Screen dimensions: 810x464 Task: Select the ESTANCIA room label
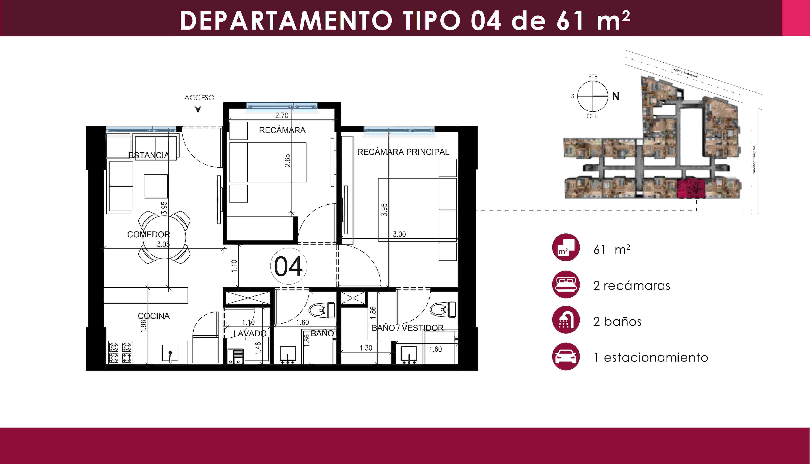point(149,155)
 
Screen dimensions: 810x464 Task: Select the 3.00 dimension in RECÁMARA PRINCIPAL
point(399,234)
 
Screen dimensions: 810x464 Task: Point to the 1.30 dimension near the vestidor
point(366,348)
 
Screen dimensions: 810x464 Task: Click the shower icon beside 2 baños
point(566,320)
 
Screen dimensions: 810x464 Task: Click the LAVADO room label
point(250,333)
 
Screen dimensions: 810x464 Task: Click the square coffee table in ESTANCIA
point(156,186)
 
